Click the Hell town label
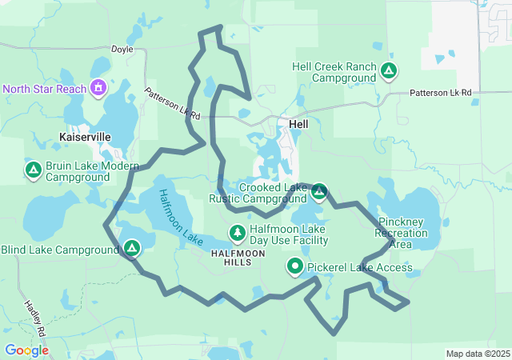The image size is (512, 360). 298,124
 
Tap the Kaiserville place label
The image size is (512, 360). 84,137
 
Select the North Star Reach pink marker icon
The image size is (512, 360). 98,86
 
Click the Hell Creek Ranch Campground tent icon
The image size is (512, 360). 388,71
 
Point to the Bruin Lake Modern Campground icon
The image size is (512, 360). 34,170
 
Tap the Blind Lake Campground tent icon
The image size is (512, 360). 131,249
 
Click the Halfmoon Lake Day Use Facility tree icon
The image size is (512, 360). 238,234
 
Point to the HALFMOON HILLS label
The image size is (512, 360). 237,258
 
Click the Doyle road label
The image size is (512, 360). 122,49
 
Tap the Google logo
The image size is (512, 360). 26,350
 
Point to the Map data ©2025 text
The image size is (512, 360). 477,354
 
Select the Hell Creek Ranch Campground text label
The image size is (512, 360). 333,72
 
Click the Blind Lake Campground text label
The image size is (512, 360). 59,250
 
